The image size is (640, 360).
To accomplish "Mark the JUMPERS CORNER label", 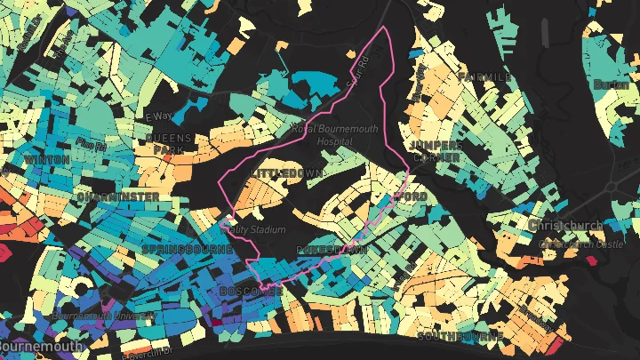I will pyautogui.click(x=435, y=151).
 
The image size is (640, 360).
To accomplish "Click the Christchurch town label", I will pyautogui.click(x=565, y=226).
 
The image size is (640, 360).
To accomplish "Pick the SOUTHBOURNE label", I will pyautogui.click(x=460, y=338).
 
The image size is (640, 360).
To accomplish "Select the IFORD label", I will pyautogui.click(x=411, y=196).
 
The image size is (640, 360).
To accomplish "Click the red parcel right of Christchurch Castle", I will pyautogui.click(x=591, y=260).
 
